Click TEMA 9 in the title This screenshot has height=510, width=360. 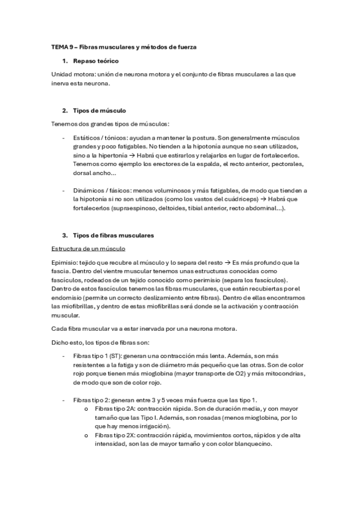[61, 46]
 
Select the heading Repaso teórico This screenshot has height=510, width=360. [96, 61]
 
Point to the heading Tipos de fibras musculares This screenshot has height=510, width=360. [113, 235]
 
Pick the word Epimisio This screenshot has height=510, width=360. [64, 263]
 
